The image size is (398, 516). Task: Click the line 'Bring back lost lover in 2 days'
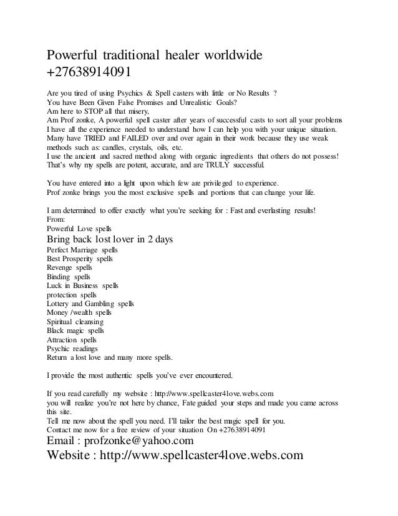(x=110, y=240)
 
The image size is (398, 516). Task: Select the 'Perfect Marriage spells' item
(x=82, y=249)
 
